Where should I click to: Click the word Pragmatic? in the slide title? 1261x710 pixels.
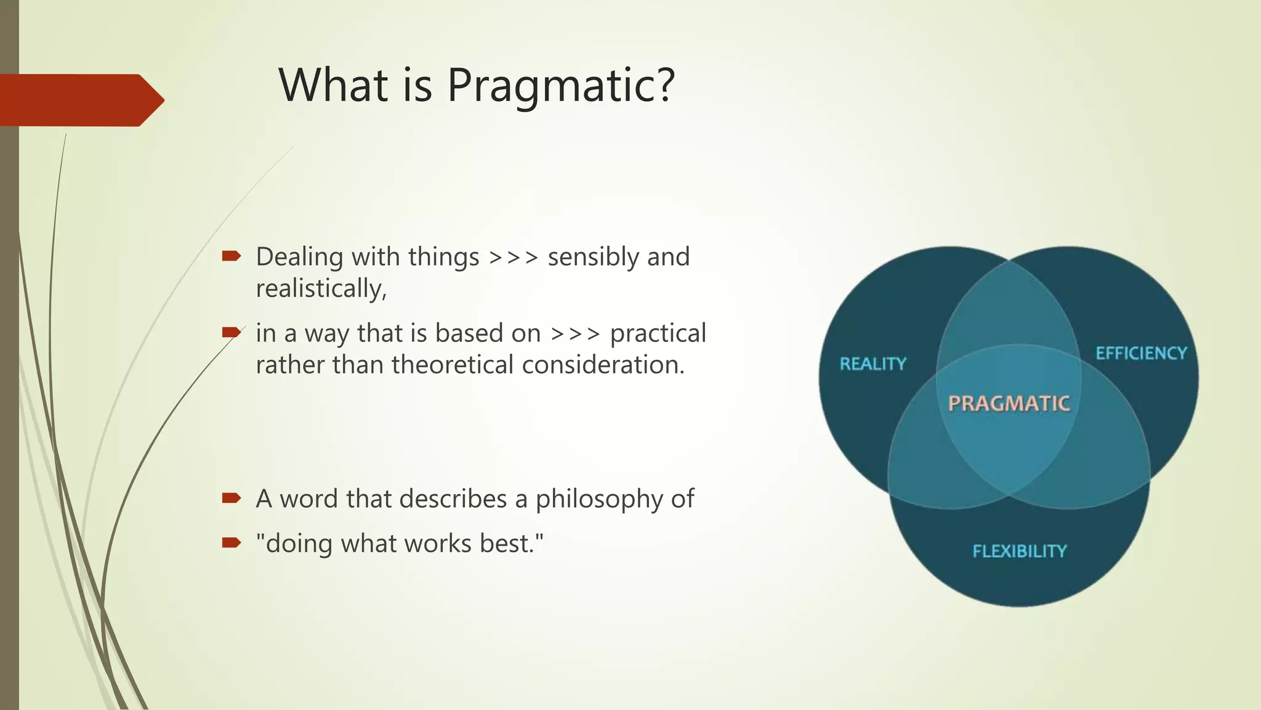point(561,85)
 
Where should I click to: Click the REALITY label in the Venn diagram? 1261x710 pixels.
point(873,364)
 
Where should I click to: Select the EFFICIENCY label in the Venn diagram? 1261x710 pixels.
point(1141,353)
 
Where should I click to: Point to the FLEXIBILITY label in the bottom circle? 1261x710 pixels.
point(1019,551)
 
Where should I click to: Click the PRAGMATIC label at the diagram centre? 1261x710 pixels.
point(1009,403)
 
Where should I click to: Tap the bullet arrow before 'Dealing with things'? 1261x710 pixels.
point(231,256)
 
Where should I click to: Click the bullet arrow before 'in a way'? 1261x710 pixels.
point(231,332)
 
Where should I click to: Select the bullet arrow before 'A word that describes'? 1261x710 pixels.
point(231,497)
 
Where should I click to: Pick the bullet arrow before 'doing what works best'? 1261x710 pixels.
point(231,542)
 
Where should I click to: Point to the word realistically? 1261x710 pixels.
point(321,288)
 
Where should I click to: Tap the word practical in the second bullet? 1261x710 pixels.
point(658,333)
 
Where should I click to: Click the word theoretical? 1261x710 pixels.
point(453,365)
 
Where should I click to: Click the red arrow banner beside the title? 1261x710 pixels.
point(80,100)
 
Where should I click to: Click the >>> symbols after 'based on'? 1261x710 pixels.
point(575,333)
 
